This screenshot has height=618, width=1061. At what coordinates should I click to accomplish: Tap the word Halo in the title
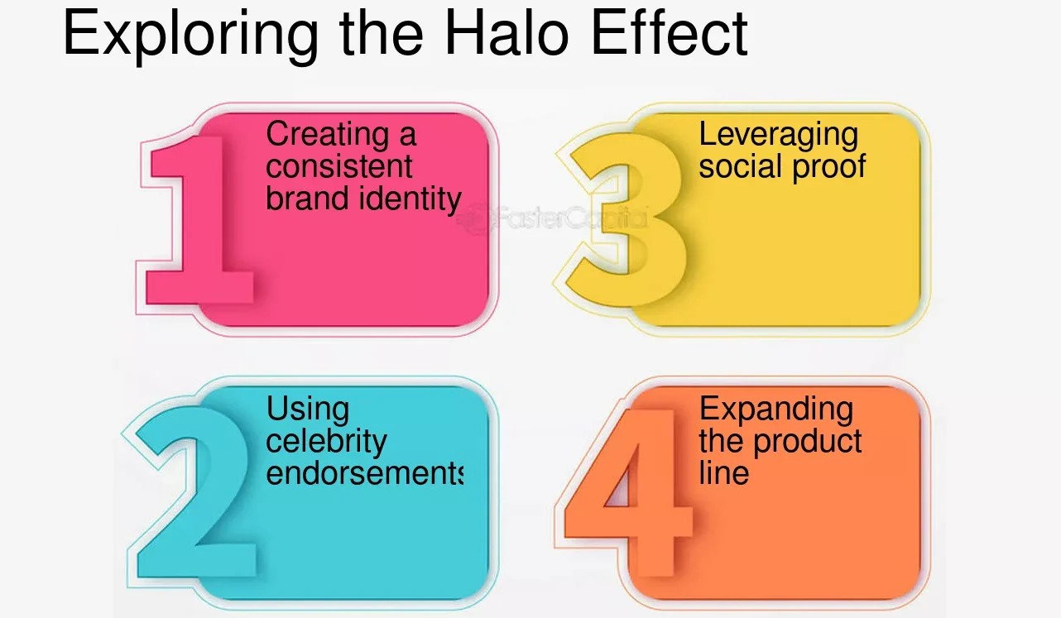point(506,33)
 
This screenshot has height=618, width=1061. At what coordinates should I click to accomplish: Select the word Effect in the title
point(670,33)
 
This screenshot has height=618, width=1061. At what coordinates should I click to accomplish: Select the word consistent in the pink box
point(339,166)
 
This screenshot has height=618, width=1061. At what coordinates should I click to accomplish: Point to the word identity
point(410,199)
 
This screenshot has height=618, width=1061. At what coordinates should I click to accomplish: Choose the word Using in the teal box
point(308,410)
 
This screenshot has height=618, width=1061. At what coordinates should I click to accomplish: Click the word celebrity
point(326,442)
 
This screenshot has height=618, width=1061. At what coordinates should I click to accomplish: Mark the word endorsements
point(365,472)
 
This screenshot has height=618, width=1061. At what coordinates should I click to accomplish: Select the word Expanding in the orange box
point(776,410)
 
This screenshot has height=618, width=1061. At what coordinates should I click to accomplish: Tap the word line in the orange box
point(724,472)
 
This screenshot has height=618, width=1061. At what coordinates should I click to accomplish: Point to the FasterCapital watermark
point(552,218)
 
